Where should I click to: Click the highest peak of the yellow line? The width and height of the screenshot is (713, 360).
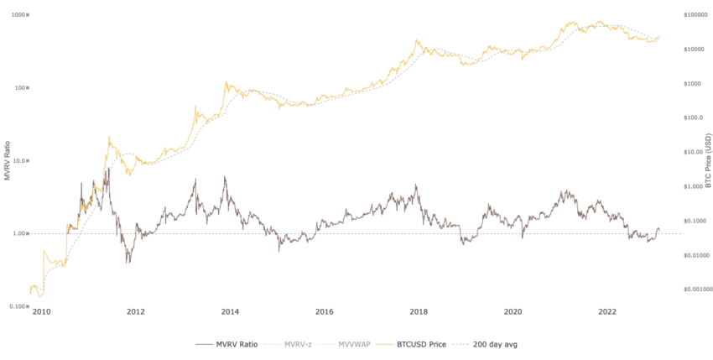(x=600, y=18)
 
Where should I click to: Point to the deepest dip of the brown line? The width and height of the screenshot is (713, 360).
(x=126, y=265)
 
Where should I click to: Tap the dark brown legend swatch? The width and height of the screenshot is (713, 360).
(x=204, y=344)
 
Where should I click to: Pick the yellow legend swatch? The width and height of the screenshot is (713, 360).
(x=387, y=344)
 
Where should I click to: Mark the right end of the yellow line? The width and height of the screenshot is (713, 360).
(x=664, y=37)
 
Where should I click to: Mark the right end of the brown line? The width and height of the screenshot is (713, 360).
(x=664, y=226)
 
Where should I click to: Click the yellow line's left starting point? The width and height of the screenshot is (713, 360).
(x=29, y=290)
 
